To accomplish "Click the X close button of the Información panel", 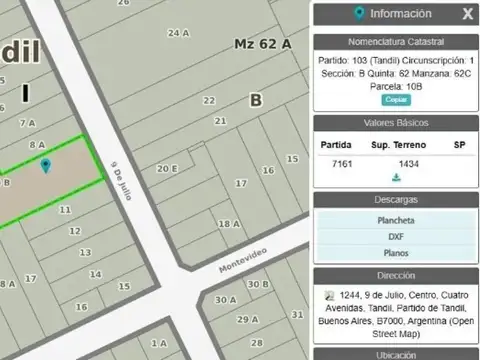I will (x=467, y=14).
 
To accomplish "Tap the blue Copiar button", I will (x=396, y=100).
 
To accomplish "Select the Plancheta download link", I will (x=396, y=220).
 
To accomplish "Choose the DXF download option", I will (x=396, y=237).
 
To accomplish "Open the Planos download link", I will (x=396, y=254).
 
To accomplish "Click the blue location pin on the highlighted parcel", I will (x=46, y=165).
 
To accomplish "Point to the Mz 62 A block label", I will (x=262, y=44).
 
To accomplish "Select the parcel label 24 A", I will (x=178, y=33).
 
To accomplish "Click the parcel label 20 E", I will (x=167, y=168).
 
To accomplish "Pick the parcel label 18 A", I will (x=229, y=224).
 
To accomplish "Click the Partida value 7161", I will (x=342, y=162).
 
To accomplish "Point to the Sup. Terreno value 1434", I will (x=409, y=162).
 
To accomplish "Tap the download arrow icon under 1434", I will (x=396, y=178).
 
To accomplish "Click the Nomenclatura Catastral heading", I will (x=396, y=42).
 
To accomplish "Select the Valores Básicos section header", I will (x=396, y=123).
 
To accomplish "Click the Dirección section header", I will (x=396, y=275).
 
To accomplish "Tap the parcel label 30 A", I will (x=226, y=299).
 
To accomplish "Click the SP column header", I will (x=459, y=145).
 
